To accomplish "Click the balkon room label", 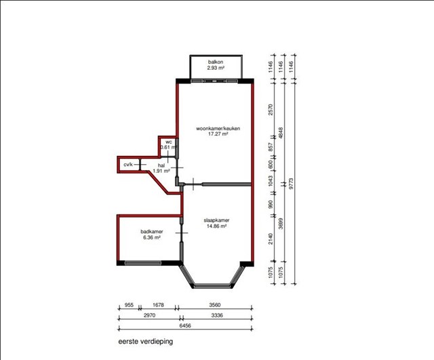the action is pyautogui.click(x=216, y=62).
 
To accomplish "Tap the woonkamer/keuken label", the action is pyautogui.click(x=218, y=128).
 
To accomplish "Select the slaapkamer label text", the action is pyautogui.click(x=216, y=220).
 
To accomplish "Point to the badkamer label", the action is pyautogui.click(x=152, y=232).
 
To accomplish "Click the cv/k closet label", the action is pyautogui.click(x=128, y=165).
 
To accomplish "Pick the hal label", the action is pyautogui.click(x=161, y=165).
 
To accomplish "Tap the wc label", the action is pyautogui.click(x=169, y=142).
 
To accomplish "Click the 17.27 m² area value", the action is pyautogui.click(x=218, y=134).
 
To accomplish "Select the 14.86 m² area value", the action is pyautogui.click(x=216, y=226).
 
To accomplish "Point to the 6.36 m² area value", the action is pyautogui.click(x=152, y=237).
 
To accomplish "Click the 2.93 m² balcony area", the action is pyautogui.click(x=216, y=68).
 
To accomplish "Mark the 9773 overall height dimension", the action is pyautogui.click(x=291, y=184).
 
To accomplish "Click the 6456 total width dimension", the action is pyautogui.click(x=185, y=325).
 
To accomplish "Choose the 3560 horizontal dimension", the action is pyautogui.click(x=215, y=305).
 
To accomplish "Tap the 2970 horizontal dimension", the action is pyautogui.click(x=149, y=315).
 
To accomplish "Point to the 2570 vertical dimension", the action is pyautogui.click(x=271, y=110).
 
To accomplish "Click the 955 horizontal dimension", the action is pyautogui.click(x=129, y=305).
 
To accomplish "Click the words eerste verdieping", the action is pyautogui.click(x=146, y=342).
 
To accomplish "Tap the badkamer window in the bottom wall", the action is pyautogui.click(x=143, y=263).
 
